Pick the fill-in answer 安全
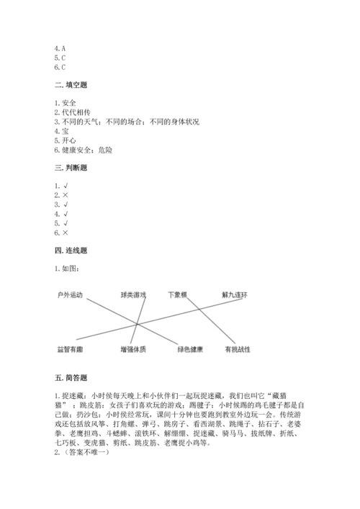(x=68, y=103)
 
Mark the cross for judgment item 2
(x=66, y=195)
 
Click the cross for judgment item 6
(x=66, y=233)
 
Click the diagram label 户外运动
(x=71, y=295)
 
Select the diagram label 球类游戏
(x=133, y=295)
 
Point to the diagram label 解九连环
(x=234, y=295)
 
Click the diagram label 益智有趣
(x=71, y=349)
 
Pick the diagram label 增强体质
(x=133, y=349)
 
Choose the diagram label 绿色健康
(x=190, y=349)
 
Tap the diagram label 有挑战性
(x=237, y=349)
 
